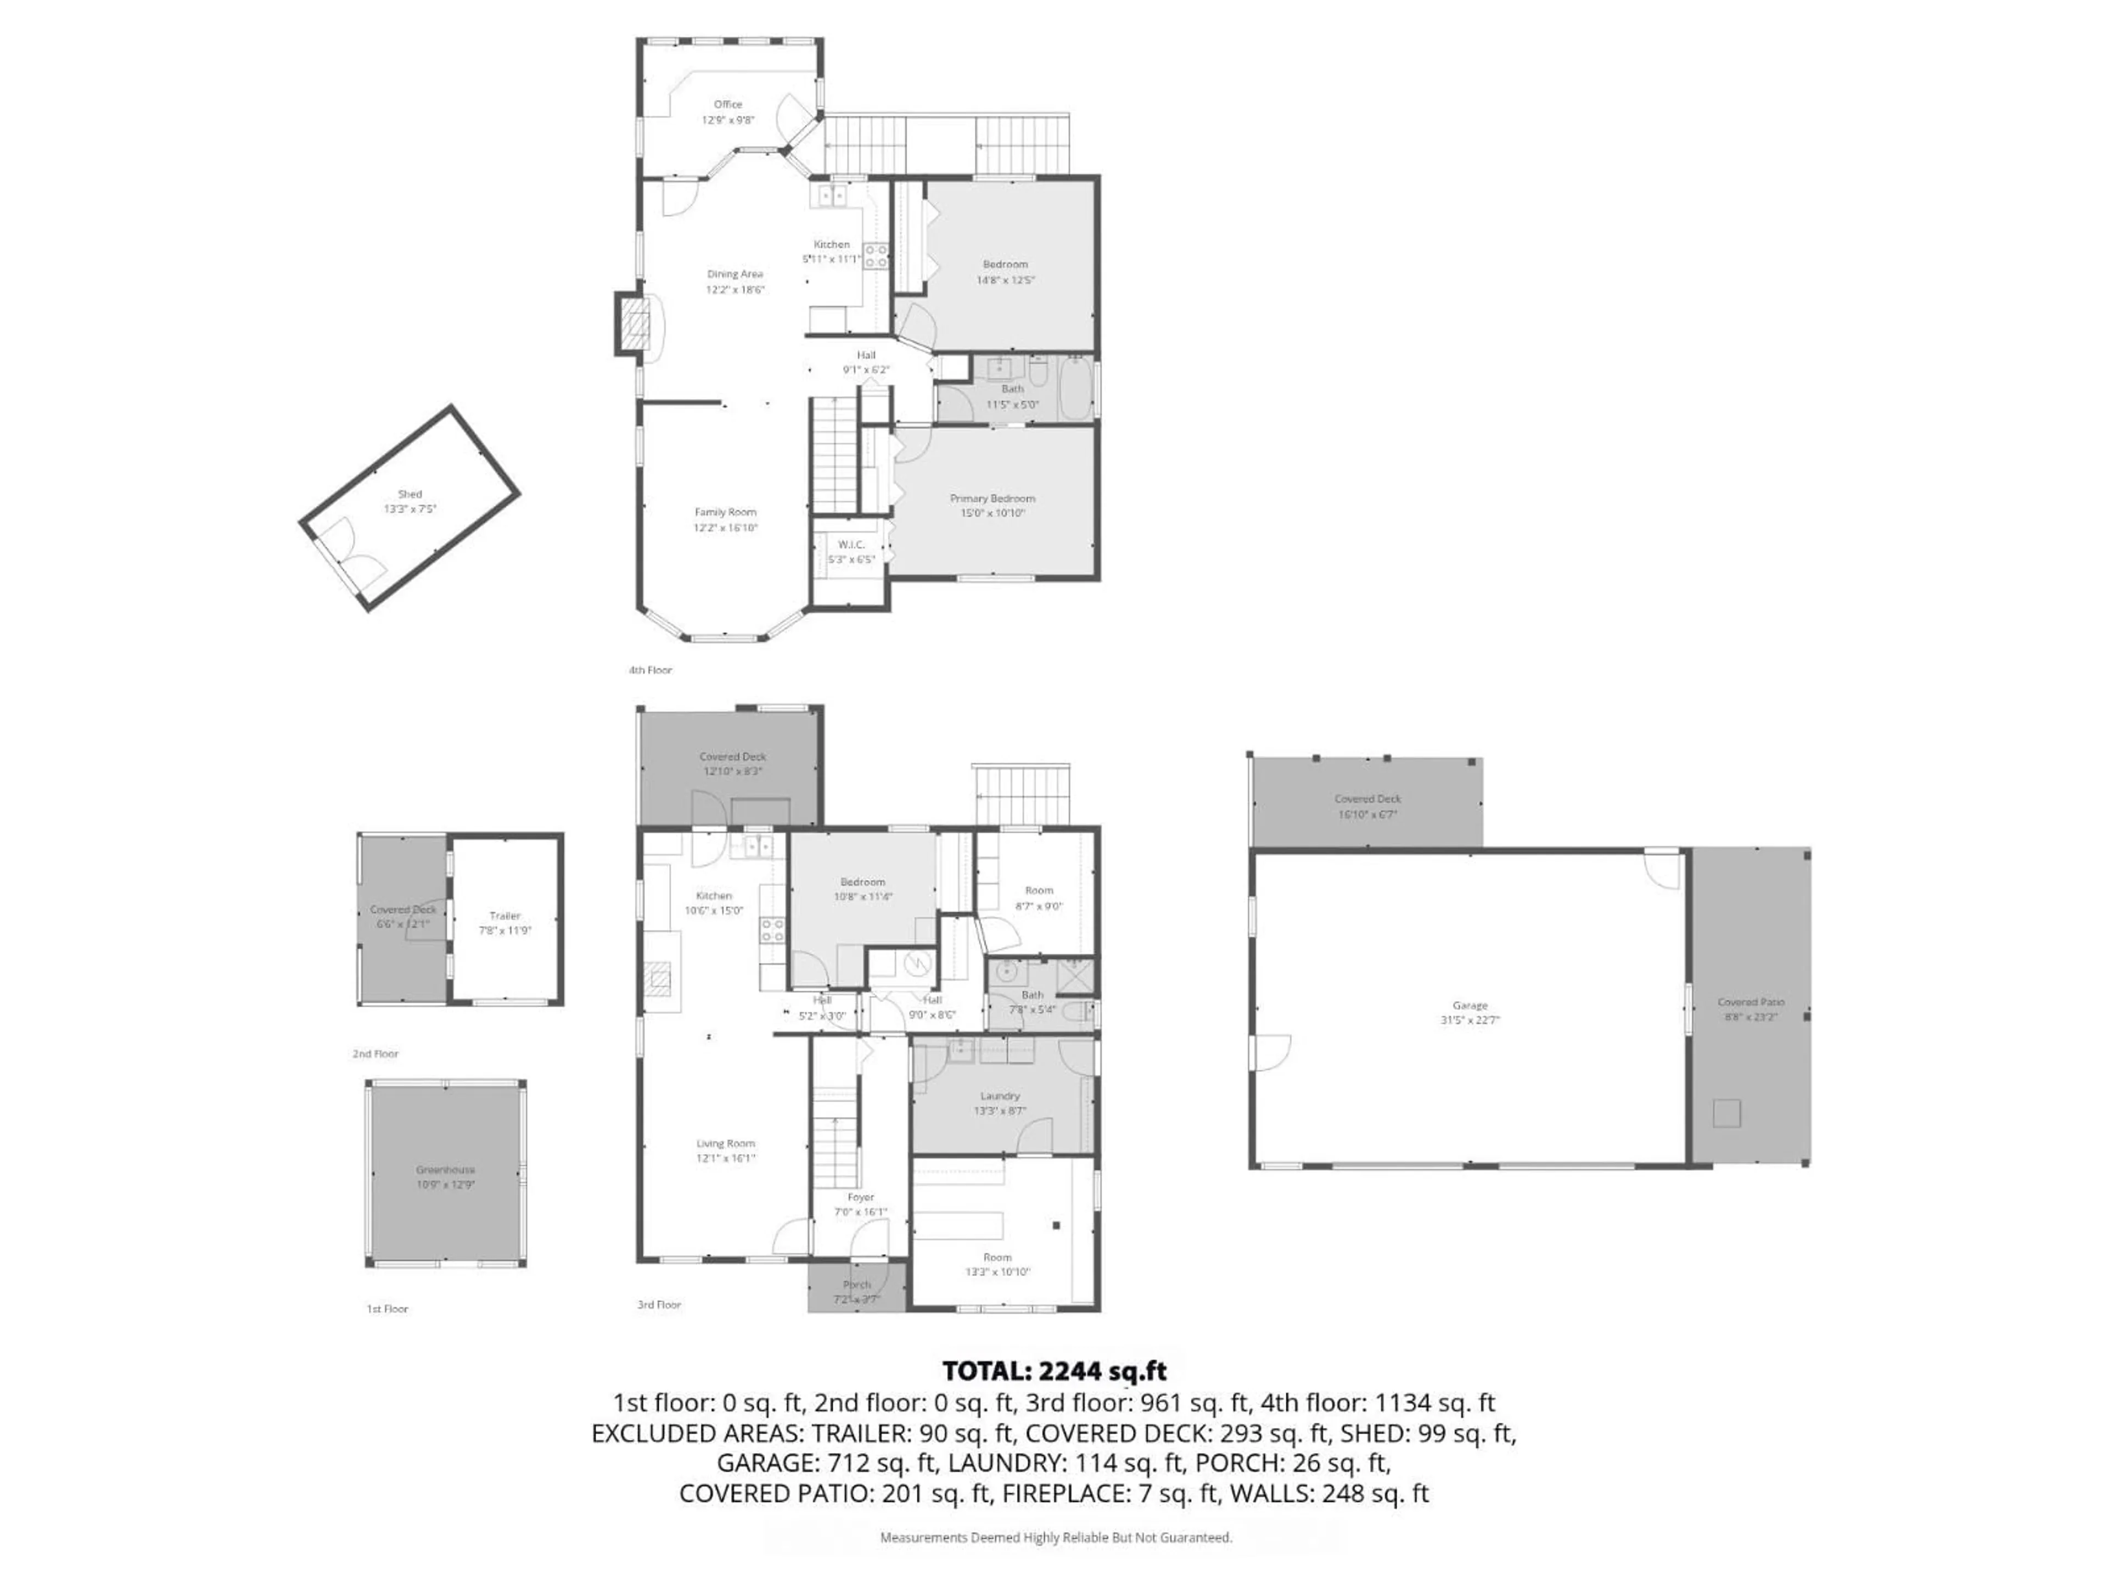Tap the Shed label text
click(410, 494)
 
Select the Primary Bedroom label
click(992, 498)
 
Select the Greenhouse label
click(445, 1169)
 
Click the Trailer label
click(505, 916)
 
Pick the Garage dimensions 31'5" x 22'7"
click(1470, 1020)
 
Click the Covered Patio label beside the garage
click(1751, 1002)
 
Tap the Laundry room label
click(1000, 1096)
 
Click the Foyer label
click(861, 1197)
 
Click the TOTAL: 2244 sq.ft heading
click(1054, 1371)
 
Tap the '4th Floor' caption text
click(650, 670)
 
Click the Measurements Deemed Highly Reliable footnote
click(1055, 1537)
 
